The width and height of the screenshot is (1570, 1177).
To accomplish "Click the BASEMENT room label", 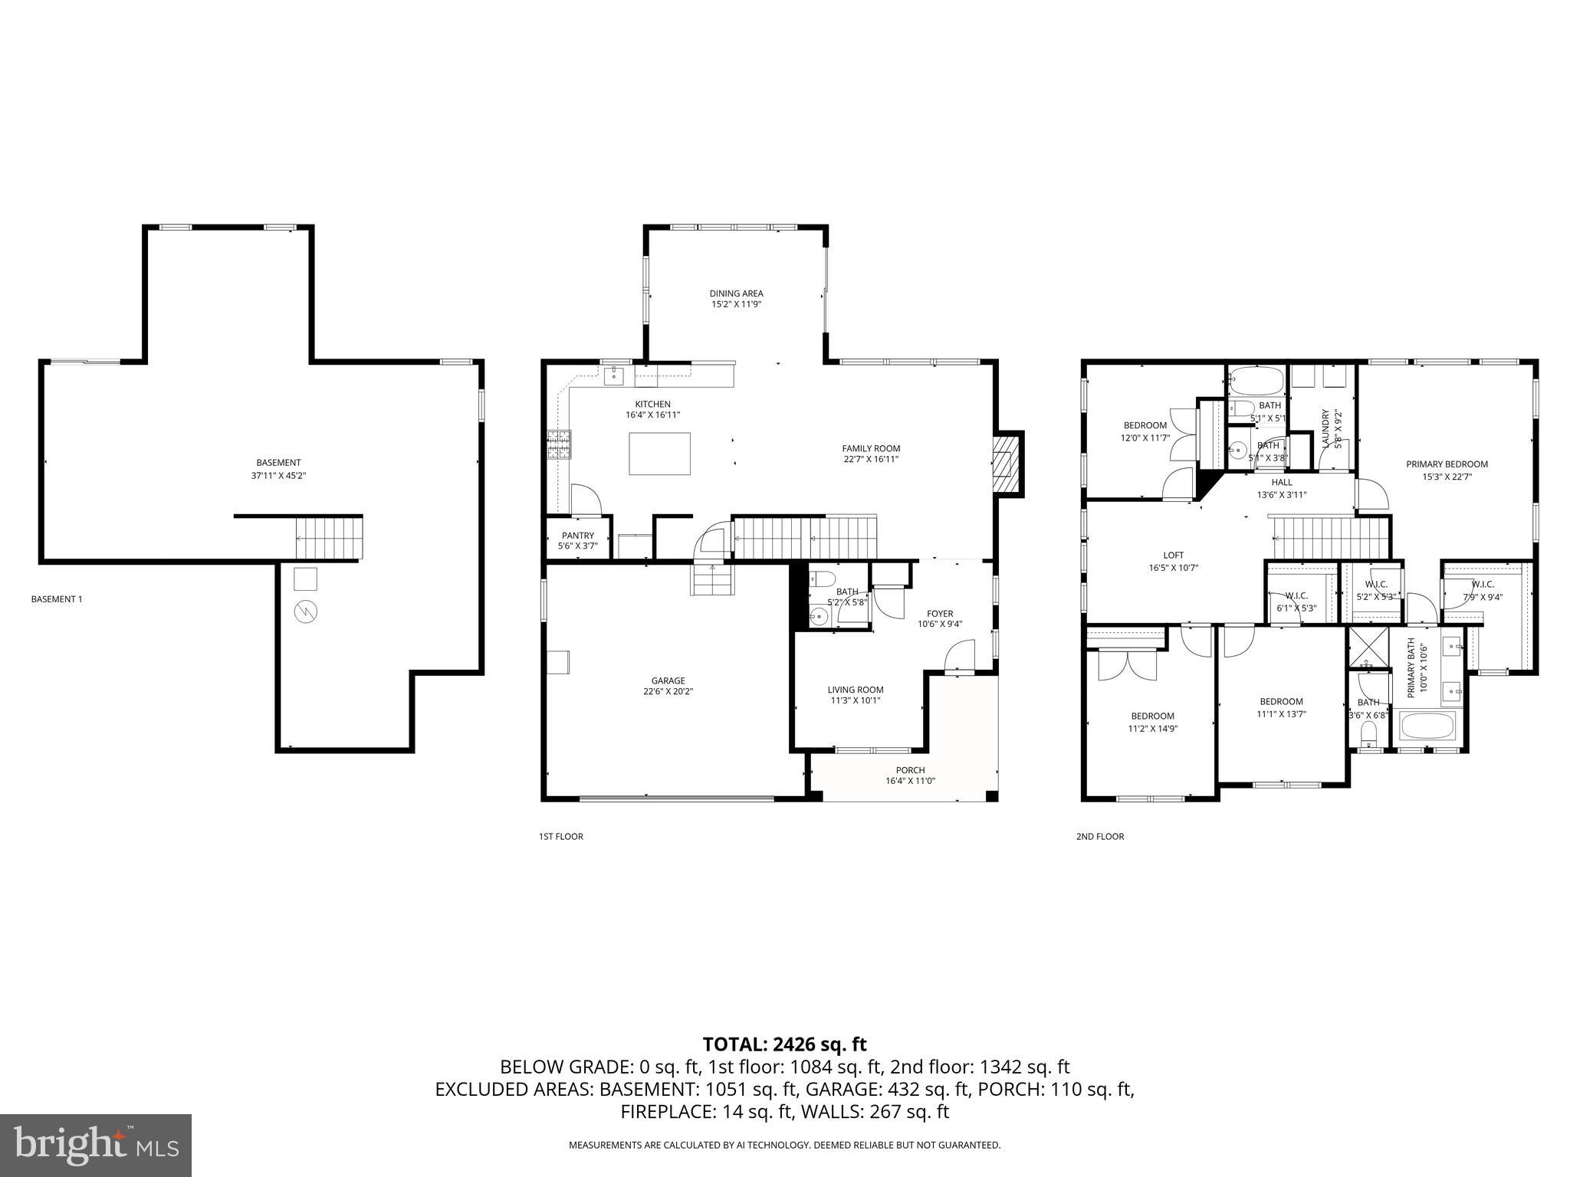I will [x=278, y=462].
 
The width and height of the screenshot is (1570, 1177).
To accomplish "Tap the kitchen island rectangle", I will [x=659, y=454].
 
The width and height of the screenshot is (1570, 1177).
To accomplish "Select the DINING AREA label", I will [x=736, y=293].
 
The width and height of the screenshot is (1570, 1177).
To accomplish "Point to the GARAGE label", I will [x=668, y=680].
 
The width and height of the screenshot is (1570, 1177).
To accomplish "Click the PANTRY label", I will [x=577, y=536].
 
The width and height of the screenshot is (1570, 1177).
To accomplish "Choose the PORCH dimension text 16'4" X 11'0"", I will [x=910, y=781].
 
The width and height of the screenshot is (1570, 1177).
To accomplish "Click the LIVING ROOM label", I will [x=856, y=690].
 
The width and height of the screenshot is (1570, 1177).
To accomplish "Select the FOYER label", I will [x=940, y=613].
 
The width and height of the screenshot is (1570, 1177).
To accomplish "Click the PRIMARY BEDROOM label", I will [x=1447, y=464].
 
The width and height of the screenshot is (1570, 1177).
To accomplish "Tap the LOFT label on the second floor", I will [x=1173, y=555].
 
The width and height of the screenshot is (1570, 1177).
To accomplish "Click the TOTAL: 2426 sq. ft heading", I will [x=784, y=1044].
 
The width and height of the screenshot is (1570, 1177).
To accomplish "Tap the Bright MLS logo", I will [x=96, y=1145].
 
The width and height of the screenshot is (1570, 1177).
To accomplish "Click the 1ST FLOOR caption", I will [x=560, y=836].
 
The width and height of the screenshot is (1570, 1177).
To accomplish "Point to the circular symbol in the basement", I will [x=306, y=611].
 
